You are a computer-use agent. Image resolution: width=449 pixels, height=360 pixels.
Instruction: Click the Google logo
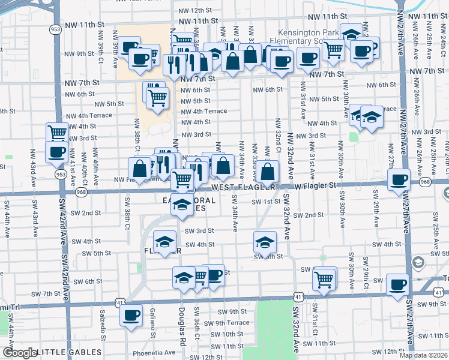(x=19, y=353)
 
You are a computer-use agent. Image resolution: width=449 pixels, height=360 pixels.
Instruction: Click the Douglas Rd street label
(x=181, y=321)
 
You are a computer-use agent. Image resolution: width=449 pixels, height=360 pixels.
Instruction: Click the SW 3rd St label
(x=199, y=231)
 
